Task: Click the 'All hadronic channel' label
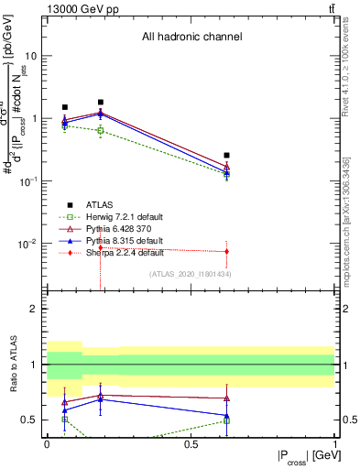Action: click(191, 38)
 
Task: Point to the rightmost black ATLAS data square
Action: click(226, 156)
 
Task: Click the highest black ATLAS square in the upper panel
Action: click(101, 103)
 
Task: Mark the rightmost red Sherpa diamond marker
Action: click(226, 251)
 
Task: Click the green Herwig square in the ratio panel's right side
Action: click(226, 420)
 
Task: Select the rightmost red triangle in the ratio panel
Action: click(226, 398)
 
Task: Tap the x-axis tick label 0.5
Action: click(191, 444)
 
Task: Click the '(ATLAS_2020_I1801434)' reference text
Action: click(191, 273)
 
